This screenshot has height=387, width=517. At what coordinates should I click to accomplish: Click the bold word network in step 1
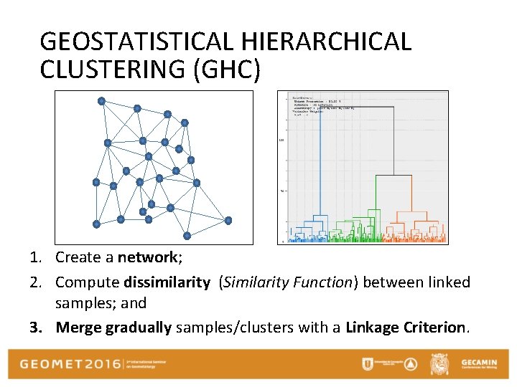coord(147,257)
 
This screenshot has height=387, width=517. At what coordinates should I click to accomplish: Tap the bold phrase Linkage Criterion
coord(406,328)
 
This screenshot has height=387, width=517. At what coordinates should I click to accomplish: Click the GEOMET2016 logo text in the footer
coord(71,363)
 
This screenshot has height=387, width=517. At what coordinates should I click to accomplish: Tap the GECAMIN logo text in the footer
coord(478,360)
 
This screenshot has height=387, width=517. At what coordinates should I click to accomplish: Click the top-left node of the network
coord(101,101)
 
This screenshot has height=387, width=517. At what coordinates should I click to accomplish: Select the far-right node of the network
coord(228,220)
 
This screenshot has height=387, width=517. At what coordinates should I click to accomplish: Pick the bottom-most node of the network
coord(187,235)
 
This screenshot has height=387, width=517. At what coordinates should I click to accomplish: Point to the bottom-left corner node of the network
coord(96,224)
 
